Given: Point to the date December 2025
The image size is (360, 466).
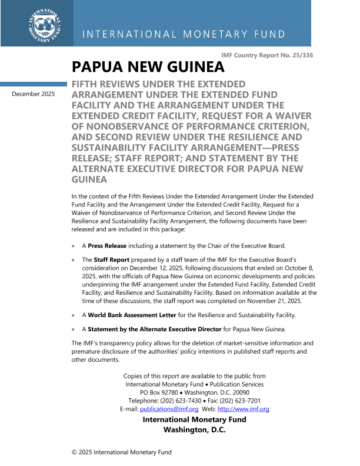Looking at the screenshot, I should point(34,94).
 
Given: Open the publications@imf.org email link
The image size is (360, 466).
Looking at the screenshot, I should point(169,409).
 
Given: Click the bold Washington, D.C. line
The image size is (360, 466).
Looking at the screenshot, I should point(194,430).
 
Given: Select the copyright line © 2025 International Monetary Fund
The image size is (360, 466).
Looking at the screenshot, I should point(121,452).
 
